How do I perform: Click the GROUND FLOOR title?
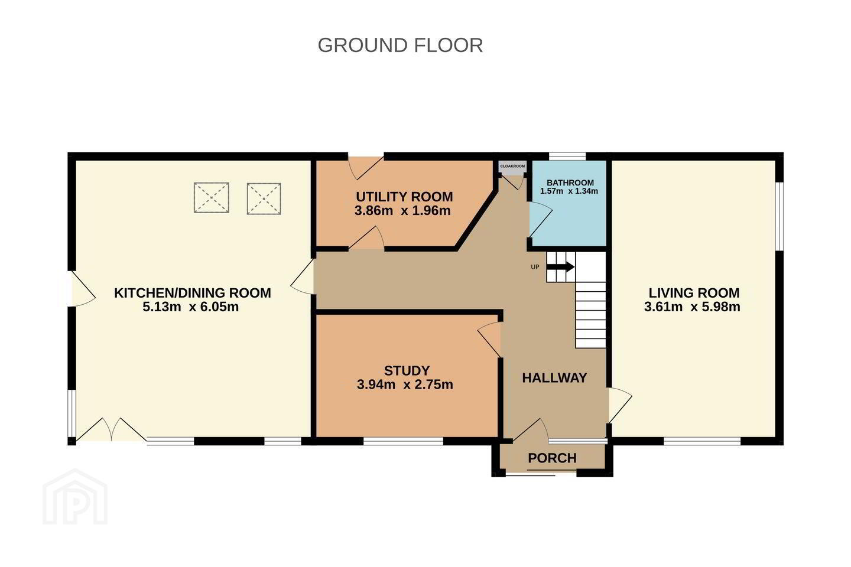click(x=400, y=45)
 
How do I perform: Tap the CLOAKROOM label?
click(x=512, y=166)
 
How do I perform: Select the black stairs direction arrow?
click(x=560, y=267)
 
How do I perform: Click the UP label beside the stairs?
click(x=535, y=267)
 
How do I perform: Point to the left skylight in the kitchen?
click(x=211, y=197)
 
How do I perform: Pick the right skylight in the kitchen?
click(x=264, y=198)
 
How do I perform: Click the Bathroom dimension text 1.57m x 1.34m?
click(x=569, y=191)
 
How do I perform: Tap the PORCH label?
click(x=553, y=458)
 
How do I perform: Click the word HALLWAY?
click(x=555, y=377)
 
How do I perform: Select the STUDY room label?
click(x=407, y=370)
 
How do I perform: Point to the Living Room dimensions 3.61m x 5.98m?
click(x=692, y=307)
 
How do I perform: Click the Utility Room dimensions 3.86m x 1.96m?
click(x=402, y=210)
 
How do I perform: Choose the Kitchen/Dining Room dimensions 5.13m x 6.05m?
click(x=191, y=307)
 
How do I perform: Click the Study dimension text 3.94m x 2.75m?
click(x=405, y=384)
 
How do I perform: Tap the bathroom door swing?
click(x=540, y=219)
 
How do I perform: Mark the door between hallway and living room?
click(x=620, y=405)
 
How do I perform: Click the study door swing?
click(x=490, y=340)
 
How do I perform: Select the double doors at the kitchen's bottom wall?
click(x=112, y=429)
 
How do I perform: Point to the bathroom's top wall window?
click(x=567, y=156)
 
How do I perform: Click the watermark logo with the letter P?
click(x=75, y=497)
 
